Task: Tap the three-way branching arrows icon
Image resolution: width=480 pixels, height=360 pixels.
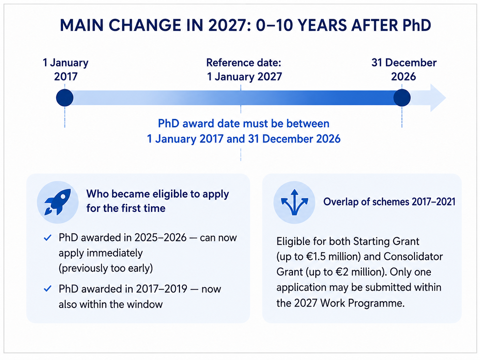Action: (x=294, y=202)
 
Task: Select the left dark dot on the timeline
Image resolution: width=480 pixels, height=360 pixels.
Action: (x=65, y=98)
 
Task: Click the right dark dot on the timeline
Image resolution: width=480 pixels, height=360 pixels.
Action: (x=402, y=98)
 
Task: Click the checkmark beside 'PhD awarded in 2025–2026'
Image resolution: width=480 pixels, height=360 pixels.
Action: (x=47, y=237)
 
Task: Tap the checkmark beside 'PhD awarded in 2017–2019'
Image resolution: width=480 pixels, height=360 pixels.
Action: (x=47, y=288)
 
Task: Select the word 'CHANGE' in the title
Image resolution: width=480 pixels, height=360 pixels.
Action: (x=145, y=25)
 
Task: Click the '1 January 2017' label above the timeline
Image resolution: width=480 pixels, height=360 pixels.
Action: (x=66, y=70)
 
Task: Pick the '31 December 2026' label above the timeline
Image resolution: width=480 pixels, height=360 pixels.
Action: (x=404, y=70)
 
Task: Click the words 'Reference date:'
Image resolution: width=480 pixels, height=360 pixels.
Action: (x=244, y=63)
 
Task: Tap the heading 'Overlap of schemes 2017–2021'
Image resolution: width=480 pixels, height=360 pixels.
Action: (x=389, y=202)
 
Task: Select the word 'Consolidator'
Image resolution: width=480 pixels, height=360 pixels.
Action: (x=413, y=257)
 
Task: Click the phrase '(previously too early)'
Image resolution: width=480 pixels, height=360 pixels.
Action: (x=106, y=268)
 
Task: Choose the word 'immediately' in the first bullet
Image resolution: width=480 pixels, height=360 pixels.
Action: (x=115, y=253)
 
